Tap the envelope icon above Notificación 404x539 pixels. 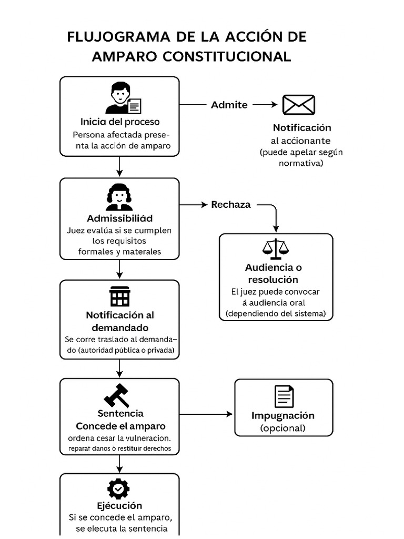click(x=298, y=105)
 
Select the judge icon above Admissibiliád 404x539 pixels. click(x=119, y=197)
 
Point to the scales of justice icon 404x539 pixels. click(x=276, y=249)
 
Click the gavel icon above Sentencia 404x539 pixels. click(x=117, y=395)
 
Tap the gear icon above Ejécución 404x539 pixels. click(x=119, y=489)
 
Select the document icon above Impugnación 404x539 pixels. click(x=284, y=396)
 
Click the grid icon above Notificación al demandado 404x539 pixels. click(x=119, y=296)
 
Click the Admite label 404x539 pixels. click(x=229, y=105)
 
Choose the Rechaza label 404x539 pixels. click(x=231, y=205)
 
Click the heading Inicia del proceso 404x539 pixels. click(x=120, y=122)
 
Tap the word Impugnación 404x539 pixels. click(x=283, y=415)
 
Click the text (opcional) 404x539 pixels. click(x=283, y=428)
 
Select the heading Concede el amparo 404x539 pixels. click(x=120, y=426)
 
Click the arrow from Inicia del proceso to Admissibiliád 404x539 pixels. click(x=120, y=167)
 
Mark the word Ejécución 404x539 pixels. click(x=119, y=506)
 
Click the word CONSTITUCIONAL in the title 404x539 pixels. click(x=226, y=57)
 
